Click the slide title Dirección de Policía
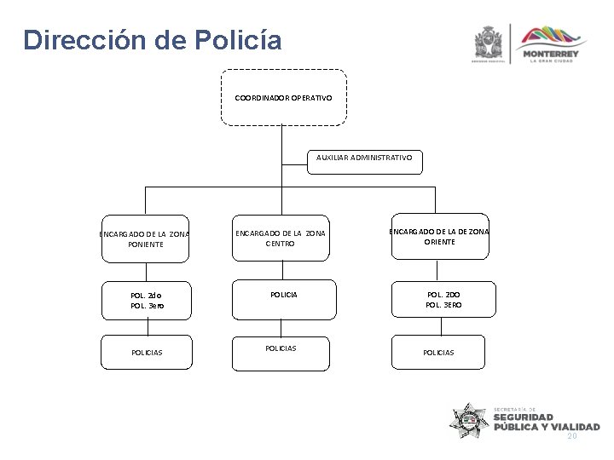coord(151,40)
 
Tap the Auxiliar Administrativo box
coord(363,158)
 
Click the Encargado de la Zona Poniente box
coord(145,239)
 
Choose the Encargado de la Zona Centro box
coord(280,239)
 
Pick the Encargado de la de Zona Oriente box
coord(439,236)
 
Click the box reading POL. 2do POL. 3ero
coord(147,300)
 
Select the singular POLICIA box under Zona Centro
coord(280,294)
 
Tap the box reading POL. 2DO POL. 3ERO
coord(440,299)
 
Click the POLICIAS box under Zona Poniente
coord(147,352)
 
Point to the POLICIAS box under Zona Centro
coord(280,348)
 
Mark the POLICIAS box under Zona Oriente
coord(439,352)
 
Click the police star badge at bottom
coord(470,421)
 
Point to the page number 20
coord(572,435)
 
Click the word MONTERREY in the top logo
coord(554,54)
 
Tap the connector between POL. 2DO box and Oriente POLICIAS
coord(440,327)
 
